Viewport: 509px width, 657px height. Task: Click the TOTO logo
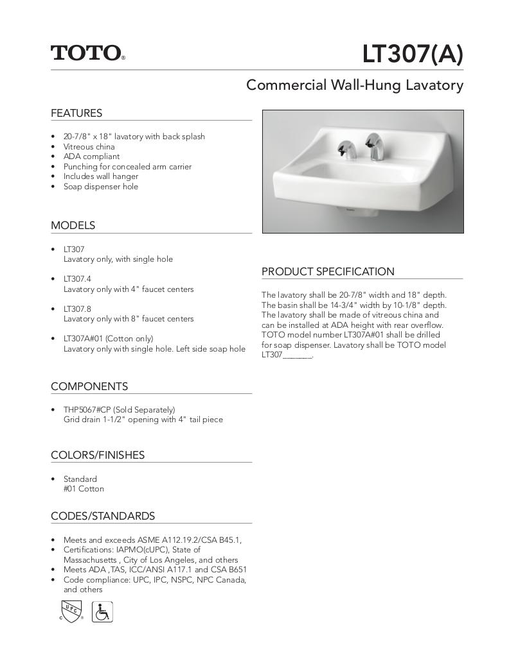pos(87,53)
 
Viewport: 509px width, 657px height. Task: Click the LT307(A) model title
pos(412,55)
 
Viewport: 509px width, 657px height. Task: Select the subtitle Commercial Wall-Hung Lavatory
pos(355,85)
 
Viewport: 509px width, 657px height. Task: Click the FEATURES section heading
pos(76,114)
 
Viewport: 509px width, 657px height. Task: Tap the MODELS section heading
pos(73,226)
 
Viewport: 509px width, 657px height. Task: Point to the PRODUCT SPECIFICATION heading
pos(328,271)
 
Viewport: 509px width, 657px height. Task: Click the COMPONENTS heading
pos(89,387)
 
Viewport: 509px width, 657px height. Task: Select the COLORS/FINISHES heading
pos(98,456)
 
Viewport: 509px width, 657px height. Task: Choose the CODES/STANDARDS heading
pos(103,516)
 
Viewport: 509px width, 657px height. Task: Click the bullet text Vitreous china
pos(89,147)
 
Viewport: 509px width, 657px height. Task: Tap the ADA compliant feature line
pos(91,157)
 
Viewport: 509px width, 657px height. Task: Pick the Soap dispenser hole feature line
pos(100,187)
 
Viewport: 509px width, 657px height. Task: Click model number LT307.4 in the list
pos(77,279)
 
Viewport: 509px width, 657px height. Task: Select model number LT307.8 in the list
pos(77,309)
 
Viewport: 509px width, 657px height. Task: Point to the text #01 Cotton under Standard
pos(84,489)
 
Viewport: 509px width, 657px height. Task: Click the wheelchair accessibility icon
pos(102,611)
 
